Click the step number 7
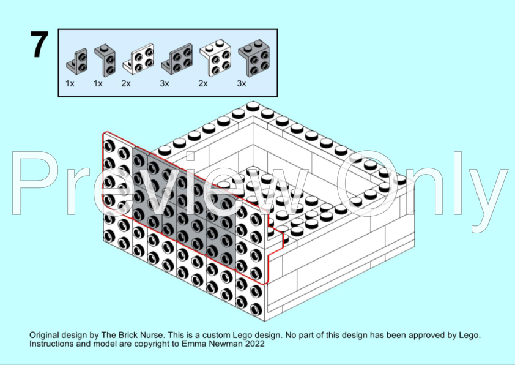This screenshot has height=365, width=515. click(x=39, y=45)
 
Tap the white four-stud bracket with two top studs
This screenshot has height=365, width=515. click(x=215, y=58)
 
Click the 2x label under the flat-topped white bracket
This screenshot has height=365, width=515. click(x=126, y=83)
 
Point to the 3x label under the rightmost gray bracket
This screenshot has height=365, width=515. click(x=242, y=83)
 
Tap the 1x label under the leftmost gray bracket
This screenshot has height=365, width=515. click(x=70, y=83)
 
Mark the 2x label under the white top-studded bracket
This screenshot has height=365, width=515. click(x=203, y=83)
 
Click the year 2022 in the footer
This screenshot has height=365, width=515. click(x=254, y=345)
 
